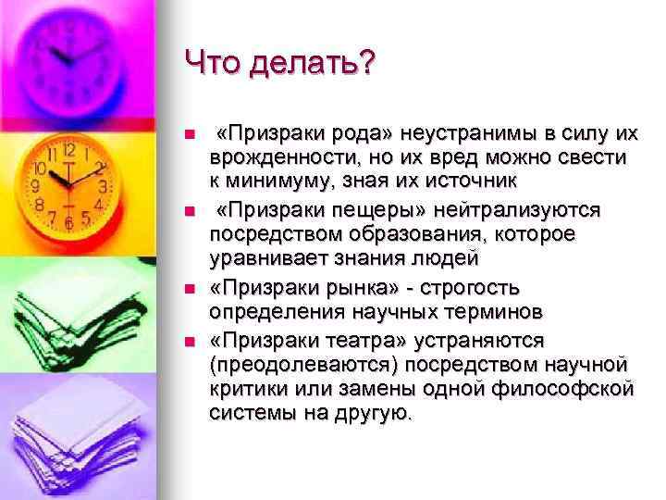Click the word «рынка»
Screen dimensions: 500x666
pyautogui.click(x=338, y=288)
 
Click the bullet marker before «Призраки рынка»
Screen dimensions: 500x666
pyautogui.click(x=191, y=289)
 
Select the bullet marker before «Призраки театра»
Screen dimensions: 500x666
pyautogui.click(x=191, y=343)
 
